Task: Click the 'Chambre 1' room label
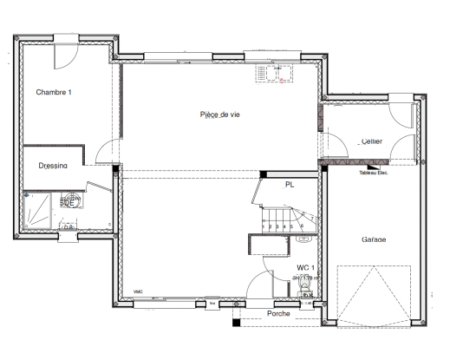pyautogui.click(x=54, y=92)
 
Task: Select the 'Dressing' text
pyautogui.click(x=54, y=165)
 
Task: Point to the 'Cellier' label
pyautogui.click(x=372, y=141)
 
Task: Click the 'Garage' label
pyautogui.click(x=374, y=239)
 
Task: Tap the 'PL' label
pyautogui.click(x=290, y=184)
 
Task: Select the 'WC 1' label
pyautogui.click(x=304, y=267)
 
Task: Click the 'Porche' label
pyautogui.click(x=278, y=313)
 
